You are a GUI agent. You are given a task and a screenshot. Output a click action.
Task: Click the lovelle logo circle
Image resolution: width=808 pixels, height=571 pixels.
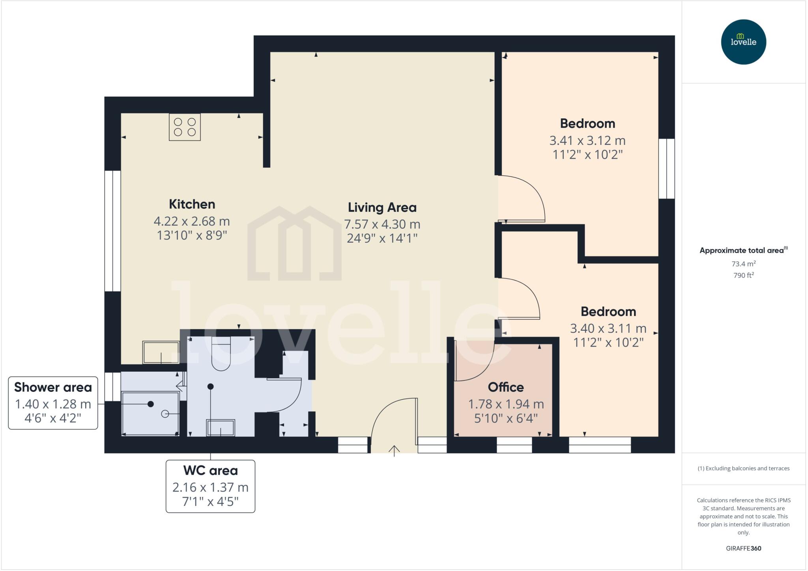point(743,42)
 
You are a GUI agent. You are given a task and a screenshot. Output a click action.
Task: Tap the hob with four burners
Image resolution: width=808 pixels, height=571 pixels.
point(185,127)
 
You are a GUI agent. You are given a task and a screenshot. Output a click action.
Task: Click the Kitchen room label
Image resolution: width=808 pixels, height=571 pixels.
point(192,204)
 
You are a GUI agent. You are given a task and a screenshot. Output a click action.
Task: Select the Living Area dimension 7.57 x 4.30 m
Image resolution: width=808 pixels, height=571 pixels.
point(382,224)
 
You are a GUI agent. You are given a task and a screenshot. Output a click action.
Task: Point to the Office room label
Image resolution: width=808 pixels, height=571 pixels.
point(506,387)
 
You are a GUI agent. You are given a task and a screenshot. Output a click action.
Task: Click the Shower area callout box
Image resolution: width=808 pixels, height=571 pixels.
point(53,403)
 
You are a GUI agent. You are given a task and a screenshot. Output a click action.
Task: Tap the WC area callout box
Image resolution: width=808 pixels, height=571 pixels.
point(210,486)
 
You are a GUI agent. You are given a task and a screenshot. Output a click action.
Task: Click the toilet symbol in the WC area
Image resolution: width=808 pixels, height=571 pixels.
point(221,354)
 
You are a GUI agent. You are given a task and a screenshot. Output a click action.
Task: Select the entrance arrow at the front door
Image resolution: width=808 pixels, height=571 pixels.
point(394,450)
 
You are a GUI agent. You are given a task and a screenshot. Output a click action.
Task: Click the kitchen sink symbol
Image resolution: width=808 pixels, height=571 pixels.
point(161,352)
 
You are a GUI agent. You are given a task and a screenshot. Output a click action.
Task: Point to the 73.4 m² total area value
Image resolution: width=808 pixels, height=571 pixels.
point(743,264)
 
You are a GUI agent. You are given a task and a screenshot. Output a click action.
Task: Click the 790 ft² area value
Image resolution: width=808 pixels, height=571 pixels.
point(743,275)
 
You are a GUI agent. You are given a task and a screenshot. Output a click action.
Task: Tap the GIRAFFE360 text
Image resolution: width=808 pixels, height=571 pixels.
point(743,548)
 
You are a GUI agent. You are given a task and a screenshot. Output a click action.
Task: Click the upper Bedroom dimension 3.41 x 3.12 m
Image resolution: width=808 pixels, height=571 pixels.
point(587,140)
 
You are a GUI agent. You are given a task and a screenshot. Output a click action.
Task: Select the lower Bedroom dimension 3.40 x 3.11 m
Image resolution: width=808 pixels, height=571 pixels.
point(608,328)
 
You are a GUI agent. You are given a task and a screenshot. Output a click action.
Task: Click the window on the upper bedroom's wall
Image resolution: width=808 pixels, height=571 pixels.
point(666,168)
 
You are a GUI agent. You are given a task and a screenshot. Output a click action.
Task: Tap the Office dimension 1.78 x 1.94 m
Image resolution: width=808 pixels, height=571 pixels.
point(506,404)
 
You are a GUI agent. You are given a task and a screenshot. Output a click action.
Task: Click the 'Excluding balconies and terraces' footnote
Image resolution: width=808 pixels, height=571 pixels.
point(743,468)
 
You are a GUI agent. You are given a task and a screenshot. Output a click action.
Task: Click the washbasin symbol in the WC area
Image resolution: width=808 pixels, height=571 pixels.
point(221,428)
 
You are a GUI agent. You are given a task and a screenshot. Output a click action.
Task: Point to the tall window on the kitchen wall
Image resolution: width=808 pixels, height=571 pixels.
point(112,231)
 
